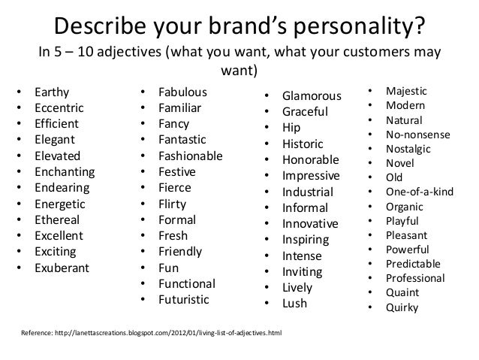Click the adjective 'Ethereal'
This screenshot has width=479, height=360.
point(57,220)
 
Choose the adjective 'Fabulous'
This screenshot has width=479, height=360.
point(182,93)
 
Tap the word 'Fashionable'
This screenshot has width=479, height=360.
point(190,156)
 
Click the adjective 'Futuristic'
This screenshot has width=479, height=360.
point(185,299)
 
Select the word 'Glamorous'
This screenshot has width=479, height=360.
point(312,96)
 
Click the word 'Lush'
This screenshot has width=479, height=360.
point(295,303)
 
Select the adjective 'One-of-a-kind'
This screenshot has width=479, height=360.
point(419,192)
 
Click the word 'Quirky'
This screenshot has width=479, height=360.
point(402,307)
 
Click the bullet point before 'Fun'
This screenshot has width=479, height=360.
point(143,268)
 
